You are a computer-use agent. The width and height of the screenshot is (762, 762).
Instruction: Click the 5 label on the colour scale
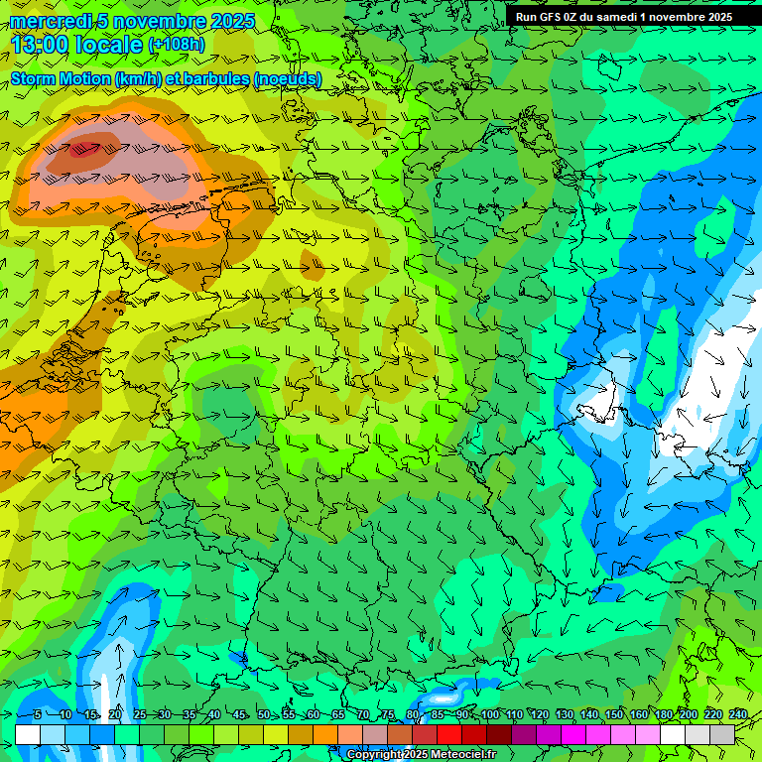pyautogui.click(x=38, y=715)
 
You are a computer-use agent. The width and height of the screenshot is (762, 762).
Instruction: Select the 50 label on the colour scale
pyautogui.click(x=263, y=715)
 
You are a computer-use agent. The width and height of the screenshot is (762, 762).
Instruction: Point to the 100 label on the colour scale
pyautogui.click(x=489, y=715)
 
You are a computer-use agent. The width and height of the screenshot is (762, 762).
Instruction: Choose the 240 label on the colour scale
pyautogui.click(x=737, y=715)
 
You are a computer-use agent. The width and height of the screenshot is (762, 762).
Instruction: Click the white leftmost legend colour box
pyautogui.click(x=28, y=734)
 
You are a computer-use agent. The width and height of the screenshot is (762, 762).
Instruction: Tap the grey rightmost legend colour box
pyautogui.click(x=723, y=734)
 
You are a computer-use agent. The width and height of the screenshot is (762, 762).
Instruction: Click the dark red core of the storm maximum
pyautogui.click(x=86, y=150)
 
